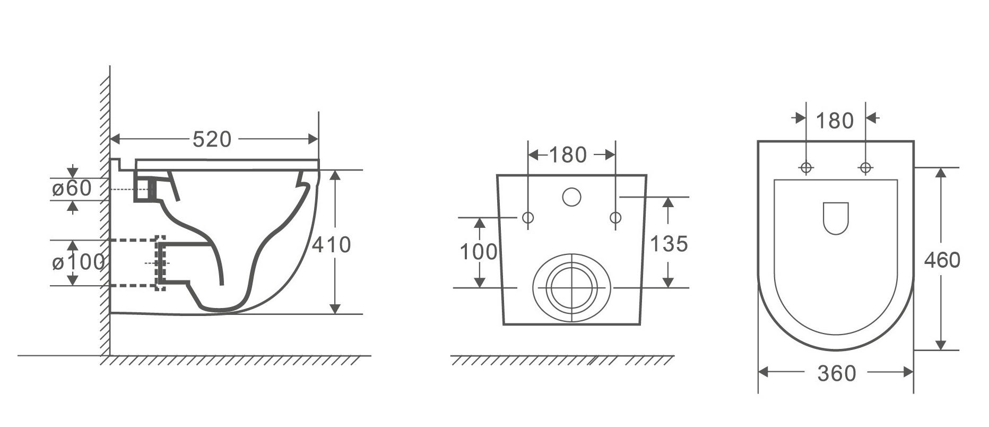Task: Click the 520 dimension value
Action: coord(212,140)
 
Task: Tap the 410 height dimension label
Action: coord(331,245)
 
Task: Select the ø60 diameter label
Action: coord(72,188)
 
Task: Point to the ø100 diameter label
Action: coord(78,262)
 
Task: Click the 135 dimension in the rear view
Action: coord(669,244)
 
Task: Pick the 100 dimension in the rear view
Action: coord(479,252)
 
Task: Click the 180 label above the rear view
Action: coord(568,155)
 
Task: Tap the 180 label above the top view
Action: coord(835,121)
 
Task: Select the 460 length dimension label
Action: coord(942,260)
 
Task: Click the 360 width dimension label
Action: coord(837,374)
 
